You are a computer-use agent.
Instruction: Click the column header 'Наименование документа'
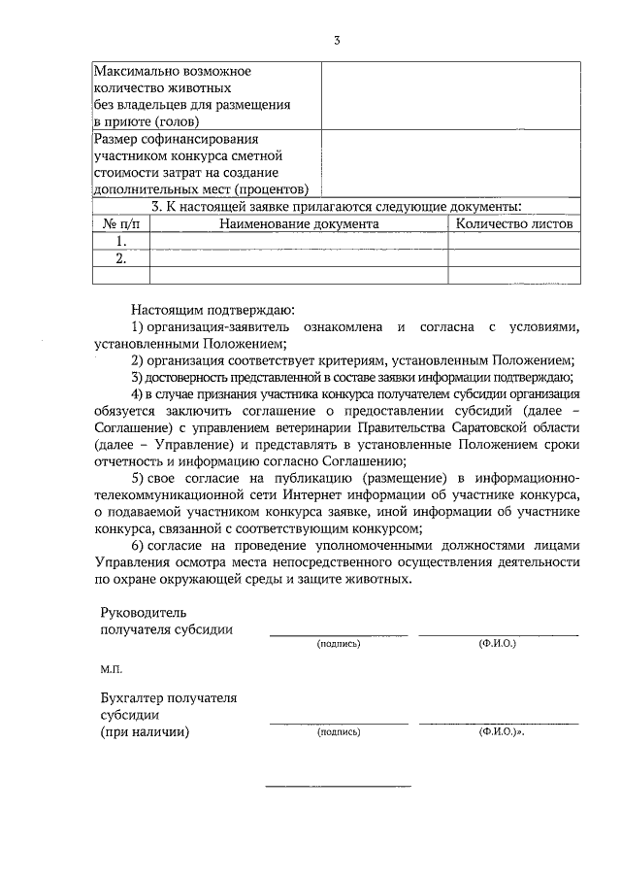[298, 223]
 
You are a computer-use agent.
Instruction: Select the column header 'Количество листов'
[513, 223]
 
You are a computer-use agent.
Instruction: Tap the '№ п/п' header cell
[121, 223]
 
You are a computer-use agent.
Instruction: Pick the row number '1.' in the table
[121, 241]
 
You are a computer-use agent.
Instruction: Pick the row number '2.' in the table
[121, 258]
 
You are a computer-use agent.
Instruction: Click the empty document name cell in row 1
[298, 241]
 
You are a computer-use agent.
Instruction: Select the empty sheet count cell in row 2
[513, 258]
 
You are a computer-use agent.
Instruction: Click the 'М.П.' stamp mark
[111, 670]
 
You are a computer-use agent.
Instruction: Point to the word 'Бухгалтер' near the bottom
[136, 697]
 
